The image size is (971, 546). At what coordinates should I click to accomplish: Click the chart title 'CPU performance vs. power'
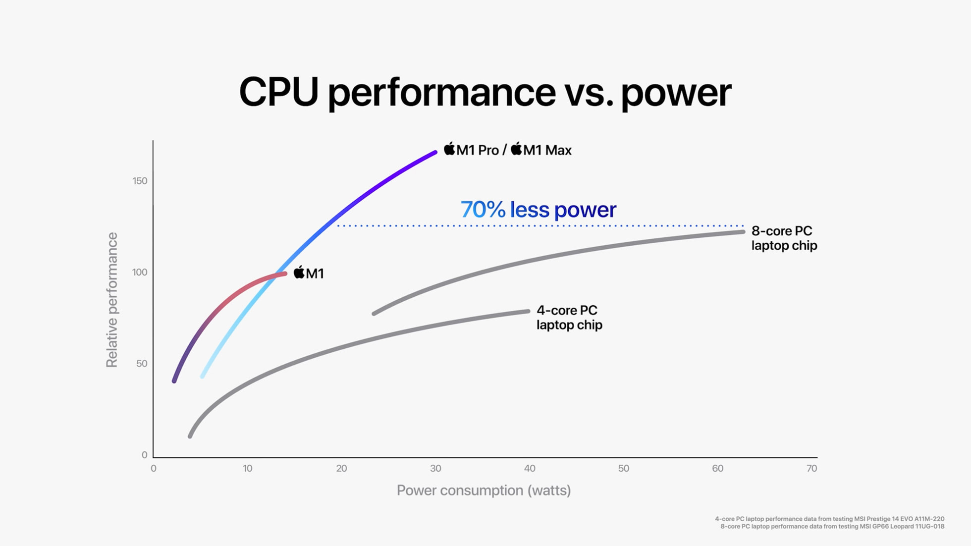point(485,92)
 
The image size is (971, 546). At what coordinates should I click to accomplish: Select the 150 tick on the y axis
point(140,181)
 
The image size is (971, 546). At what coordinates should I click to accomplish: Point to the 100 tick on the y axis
point(140,272)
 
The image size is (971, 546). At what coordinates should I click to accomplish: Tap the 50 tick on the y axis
point(142,364)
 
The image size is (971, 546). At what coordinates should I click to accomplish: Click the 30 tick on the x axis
point(435,468)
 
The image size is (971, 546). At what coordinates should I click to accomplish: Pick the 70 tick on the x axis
point(811,468)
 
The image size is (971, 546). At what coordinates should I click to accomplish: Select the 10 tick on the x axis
point(247,468)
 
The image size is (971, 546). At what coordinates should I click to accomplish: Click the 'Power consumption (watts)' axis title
point(484,491)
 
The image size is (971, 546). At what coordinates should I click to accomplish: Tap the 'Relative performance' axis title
point(112,300)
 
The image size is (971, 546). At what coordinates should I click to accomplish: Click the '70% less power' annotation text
point(538,210)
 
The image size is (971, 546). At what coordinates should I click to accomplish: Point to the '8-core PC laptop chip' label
point(784,238)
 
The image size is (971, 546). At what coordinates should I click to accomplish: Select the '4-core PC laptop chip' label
point(569,318)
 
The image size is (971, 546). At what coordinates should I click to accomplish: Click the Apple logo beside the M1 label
point(299,272)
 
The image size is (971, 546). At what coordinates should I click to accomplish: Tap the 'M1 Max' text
point(547,150)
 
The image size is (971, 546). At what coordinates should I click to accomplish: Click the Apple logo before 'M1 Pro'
point(449,149)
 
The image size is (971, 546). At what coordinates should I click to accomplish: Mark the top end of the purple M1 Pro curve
point(435,153)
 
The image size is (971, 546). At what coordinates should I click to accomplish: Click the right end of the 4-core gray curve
point(528,311)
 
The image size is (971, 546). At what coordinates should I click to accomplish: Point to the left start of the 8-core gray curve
point(374,314)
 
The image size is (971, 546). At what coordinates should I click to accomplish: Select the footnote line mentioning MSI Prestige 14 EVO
point(829,519)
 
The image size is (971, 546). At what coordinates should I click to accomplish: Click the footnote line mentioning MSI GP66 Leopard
point(832,526)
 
